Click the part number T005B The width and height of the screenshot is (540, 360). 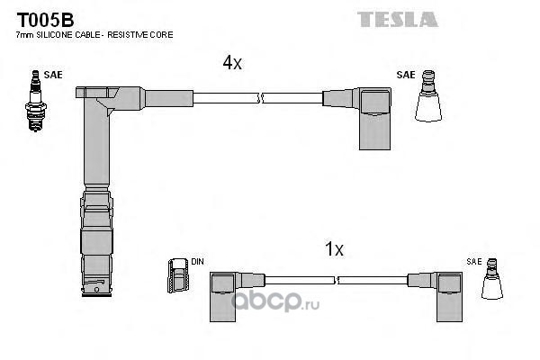coord(45,20)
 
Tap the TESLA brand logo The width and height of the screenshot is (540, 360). coord(398,19)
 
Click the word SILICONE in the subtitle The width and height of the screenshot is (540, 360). coord(55,35)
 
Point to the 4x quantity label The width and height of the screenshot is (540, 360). coord(232,63)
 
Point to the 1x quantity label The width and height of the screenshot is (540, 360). coord(334,248)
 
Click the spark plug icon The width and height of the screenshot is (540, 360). coord(35,101)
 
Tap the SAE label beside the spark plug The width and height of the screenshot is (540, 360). coord(53,75)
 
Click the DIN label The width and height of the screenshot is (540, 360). coord(197,262)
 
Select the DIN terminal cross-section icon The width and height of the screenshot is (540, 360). coord(178,275)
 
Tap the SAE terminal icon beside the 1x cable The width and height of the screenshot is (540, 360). coord(491,279)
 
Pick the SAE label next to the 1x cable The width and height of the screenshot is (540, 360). coord(474,262)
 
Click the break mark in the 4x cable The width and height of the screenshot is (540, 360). coord(260,98)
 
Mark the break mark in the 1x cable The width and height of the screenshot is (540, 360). coord(337,280)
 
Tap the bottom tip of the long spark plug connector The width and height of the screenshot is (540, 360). coord(97,295)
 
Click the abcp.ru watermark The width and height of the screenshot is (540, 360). coord(274,301)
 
